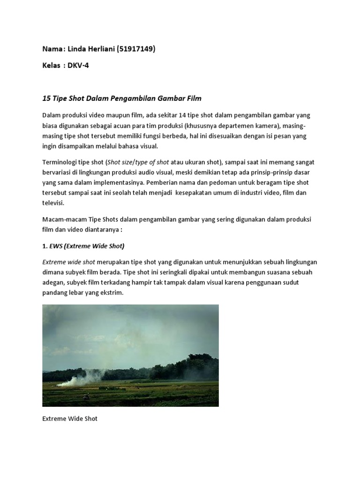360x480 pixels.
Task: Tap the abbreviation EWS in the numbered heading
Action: click(58, 246)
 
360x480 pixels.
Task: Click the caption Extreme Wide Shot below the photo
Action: click(70, 419)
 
